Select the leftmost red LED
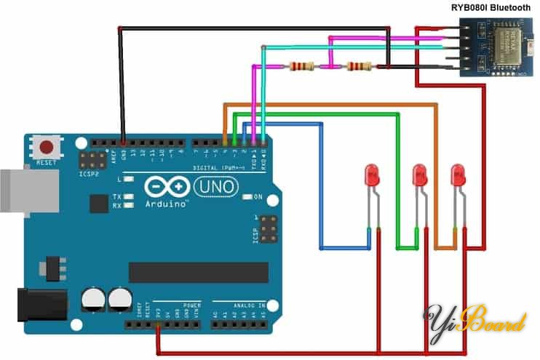tap(372, 175)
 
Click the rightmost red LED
tap(458, 175)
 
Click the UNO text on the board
tap(216, 187)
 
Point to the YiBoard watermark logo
tap(476, 320)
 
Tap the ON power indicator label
tap(258, 196)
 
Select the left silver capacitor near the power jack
tap(92, 299)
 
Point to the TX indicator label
tap(116, 196)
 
